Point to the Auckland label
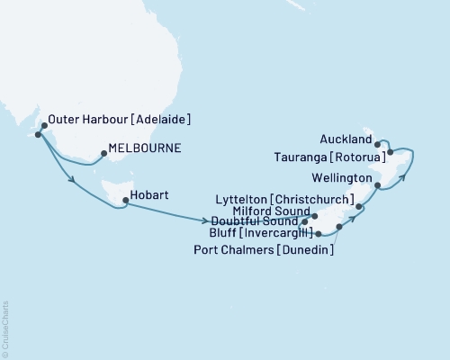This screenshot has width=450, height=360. [346, 140]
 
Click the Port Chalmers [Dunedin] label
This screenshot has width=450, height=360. [265, 251]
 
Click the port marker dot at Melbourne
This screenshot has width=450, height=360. [104, 154]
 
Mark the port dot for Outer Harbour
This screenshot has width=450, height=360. [38, 135]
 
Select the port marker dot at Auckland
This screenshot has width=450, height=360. [380, 141]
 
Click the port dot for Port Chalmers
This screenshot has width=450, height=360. [338, 227]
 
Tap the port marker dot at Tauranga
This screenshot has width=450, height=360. [390, 152]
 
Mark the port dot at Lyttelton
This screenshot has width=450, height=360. [359, 207]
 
